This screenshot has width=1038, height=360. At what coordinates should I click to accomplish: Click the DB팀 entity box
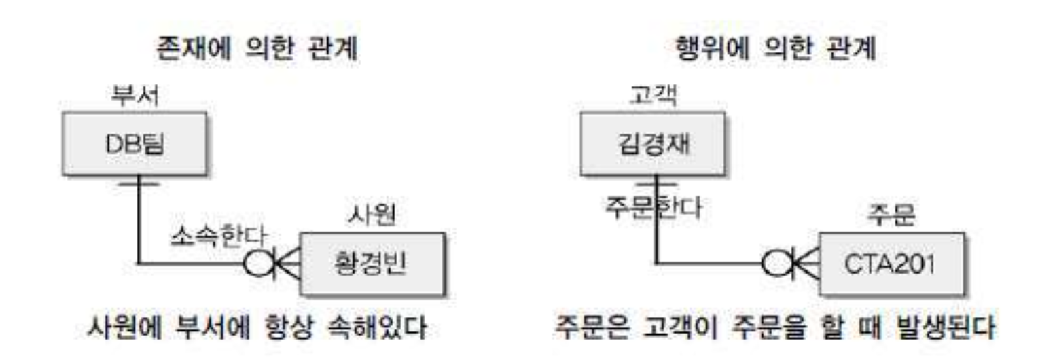(135, 143)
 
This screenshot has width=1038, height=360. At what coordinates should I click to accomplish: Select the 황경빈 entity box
(372, 264)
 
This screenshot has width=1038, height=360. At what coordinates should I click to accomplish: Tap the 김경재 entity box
(653, 143)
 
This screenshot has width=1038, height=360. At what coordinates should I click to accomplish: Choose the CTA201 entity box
(892, 264)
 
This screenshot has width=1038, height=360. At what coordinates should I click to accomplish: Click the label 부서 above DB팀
(135, 96)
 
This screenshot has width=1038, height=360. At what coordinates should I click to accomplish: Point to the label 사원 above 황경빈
(372, 215)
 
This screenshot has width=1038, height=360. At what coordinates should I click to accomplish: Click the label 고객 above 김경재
(653, 96)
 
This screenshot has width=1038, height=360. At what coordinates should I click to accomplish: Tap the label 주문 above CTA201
(891, 215)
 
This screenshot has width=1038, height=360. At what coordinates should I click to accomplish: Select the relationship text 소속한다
(218, 236)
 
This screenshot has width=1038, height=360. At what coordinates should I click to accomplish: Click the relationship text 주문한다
(654, 207)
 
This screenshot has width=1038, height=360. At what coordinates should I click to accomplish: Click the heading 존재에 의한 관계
(257, 48)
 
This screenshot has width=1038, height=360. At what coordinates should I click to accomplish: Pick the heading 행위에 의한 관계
(775, 48)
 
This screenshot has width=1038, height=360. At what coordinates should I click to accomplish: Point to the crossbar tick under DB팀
(138, 184)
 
